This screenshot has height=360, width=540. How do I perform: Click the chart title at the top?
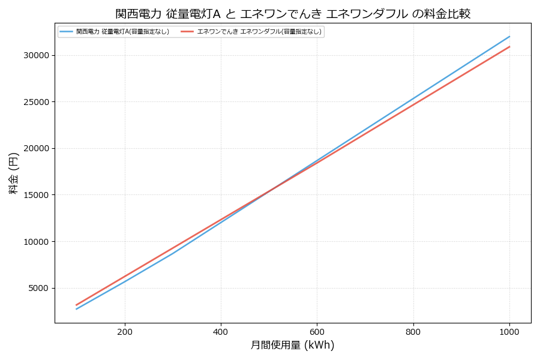click(293, 13)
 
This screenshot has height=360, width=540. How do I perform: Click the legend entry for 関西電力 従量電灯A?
click(122, 32)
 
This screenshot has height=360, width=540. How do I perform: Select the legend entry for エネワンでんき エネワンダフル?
click(259, 32)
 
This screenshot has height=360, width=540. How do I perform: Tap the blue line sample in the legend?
click(66, 32)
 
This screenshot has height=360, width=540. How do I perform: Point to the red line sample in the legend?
click(187, 32)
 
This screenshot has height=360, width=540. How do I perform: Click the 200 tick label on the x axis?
click(125, 331)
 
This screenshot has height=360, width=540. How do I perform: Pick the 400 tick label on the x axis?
click(221, 331)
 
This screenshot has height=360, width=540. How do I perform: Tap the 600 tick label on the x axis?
click(317, 331)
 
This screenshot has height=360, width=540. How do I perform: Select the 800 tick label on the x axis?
click(413, 331)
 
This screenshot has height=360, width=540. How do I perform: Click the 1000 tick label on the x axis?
click(509, 331)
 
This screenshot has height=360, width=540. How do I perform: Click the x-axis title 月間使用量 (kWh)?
click(292, 346)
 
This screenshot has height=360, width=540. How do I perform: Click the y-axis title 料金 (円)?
click(13, 173)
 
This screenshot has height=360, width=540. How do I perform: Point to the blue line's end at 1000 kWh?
click(509, 36)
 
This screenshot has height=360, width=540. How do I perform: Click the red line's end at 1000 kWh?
click(509, 46)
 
